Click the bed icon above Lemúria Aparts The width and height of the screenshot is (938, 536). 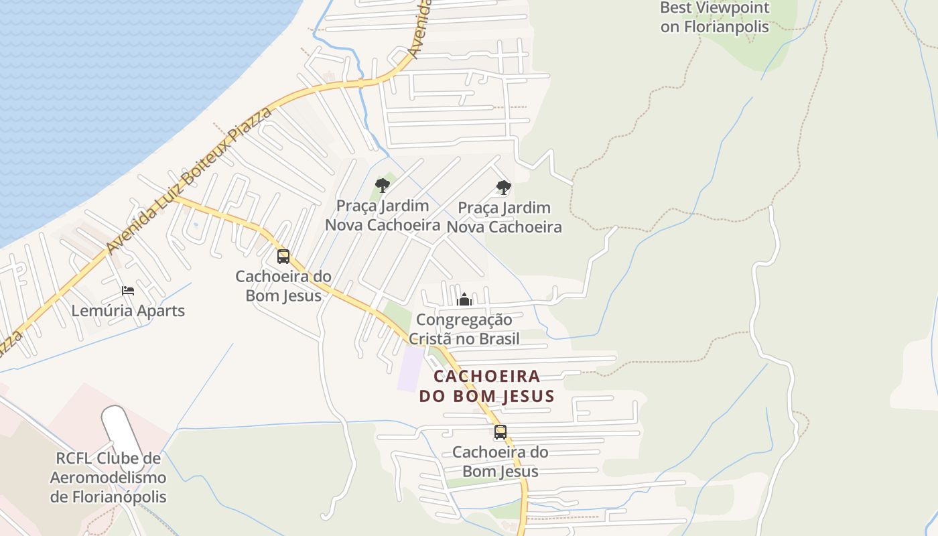click(x=128, y=291)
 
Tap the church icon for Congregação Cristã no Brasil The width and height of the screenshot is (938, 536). click(x=464, y=299)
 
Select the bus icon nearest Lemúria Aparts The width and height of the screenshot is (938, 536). click(x=283, y=256)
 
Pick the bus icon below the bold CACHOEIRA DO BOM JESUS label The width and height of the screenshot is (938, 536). click(x=500, y=432)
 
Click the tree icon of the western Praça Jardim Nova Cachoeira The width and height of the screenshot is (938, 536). click(x=383, y=186)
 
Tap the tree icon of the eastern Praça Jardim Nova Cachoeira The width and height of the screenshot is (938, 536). click(x=504, y=188)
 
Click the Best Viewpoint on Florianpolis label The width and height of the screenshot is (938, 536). click(x=715, y=17)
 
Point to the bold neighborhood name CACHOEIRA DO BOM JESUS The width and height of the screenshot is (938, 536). click(x=487, y=386)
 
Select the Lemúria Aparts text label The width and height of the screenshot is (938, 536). click(x=128, y=311)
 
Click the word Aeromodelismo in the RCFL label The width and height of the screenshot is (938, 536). click(x=108, y=478)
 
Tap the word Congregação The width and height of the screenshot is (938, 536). click(x=464, y=320)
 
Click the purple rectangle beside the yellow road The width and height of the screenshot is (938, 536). click(x=411, y=368)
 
